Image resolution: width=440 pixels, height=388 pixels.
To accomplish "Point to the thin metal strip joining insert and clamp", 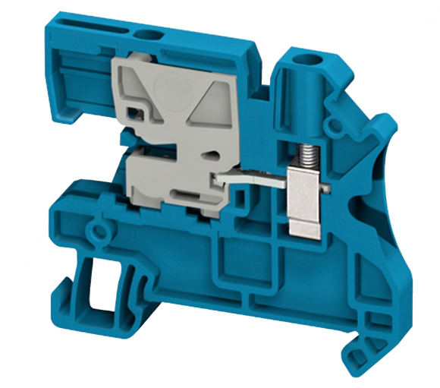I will pyautogui.click(x=250, y=181).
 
